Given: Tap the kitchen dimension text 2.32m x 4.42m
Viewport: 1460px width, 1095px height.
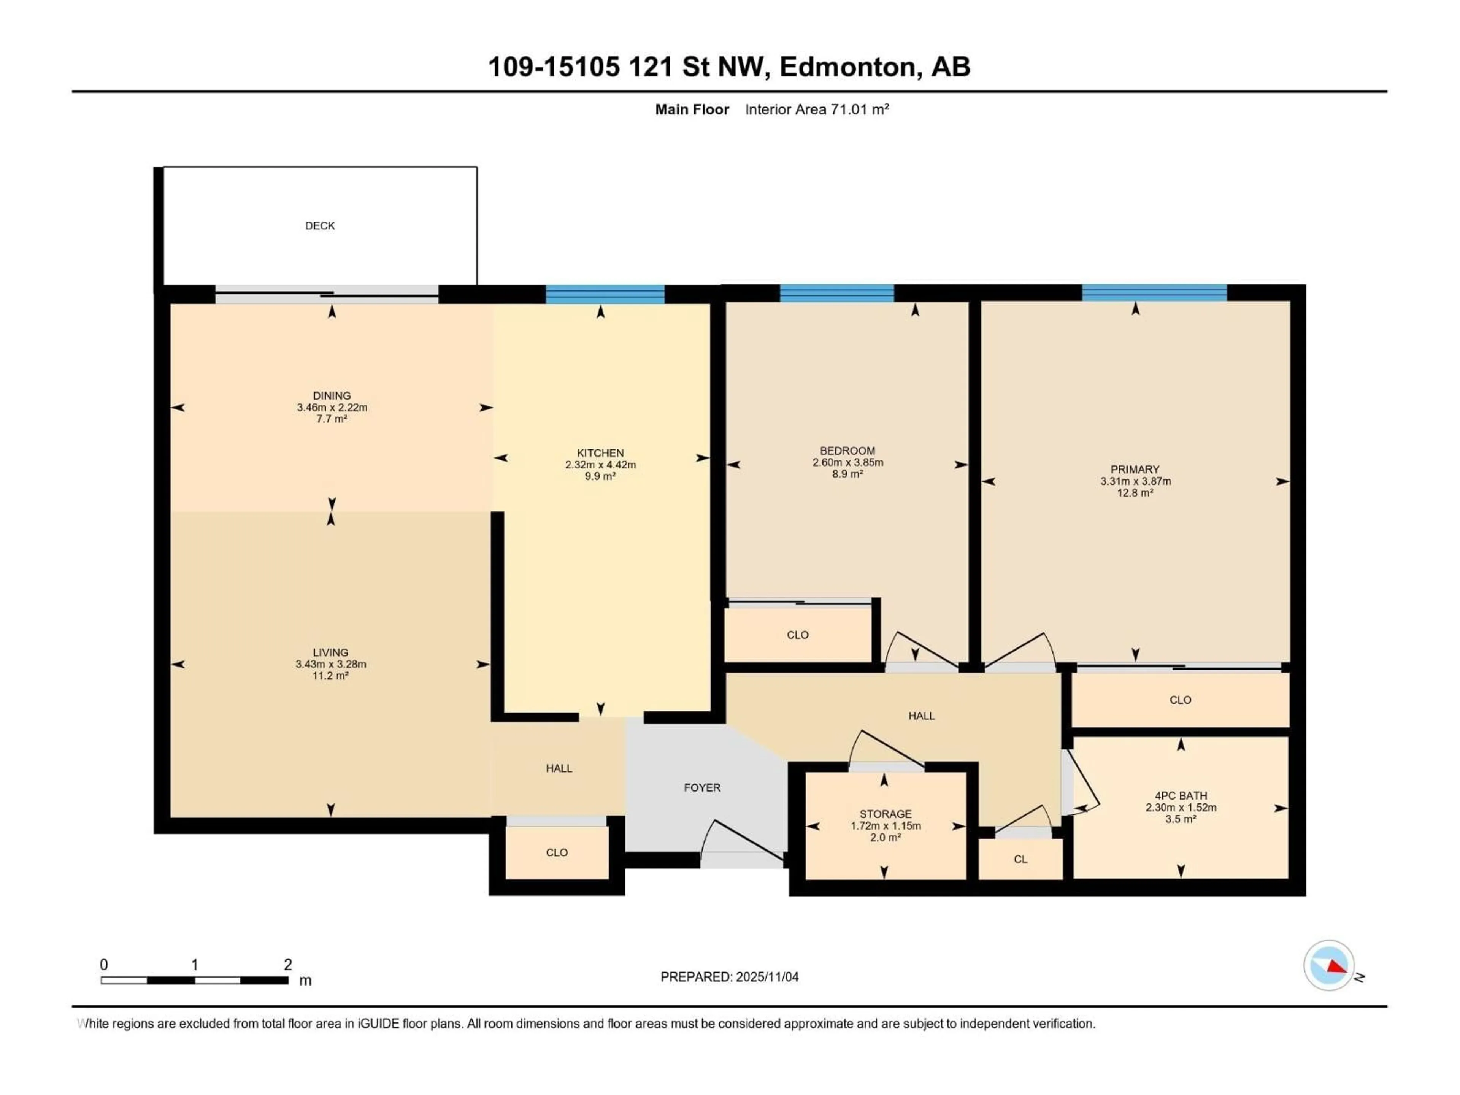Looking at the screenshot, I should (600, 465).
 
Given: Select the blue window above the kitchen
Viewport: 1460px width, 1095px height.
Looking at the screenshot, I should (605, 294).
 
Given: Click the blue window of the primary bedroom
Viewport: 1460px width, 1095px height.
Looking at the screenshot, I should (1154, 293).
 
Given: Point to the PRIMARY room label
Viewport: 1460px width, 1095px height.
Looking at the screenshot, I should (1135, 469).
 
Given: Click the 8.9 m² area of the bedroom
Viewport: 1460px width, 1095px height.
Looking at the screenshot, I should (847, 474).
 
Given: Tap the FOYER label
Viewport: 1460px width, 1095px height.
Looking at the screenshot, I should (701, 787).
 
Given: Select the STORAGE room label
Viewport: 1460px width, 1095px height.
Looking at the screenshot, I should (885, 814).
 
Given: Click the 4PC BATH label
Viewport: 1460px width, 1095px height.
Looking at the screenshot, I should (1180, 795).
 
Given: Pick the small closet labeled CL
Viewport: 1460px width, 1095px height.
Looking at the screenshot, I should (1020, 859).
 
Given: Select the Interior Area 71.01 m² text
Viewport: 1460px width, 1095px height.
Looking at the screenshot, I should (816, 109).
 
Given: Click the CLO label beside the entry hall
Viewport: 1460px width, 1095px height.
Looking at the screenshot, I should (556, 852).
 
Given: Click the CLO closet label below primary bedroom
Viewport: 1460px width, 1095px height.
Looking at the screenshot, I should (1180, 700).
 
